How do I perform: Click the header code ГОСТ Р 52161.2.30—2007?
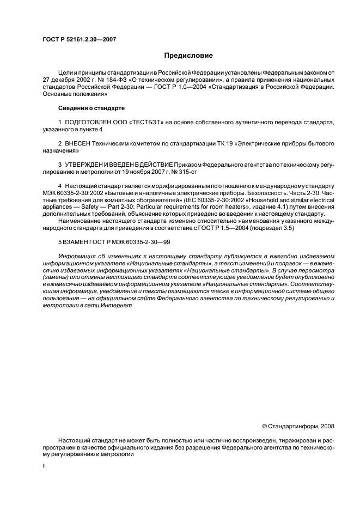point(78,39)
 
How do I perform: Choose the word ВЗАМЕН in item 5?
point(80,241)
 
